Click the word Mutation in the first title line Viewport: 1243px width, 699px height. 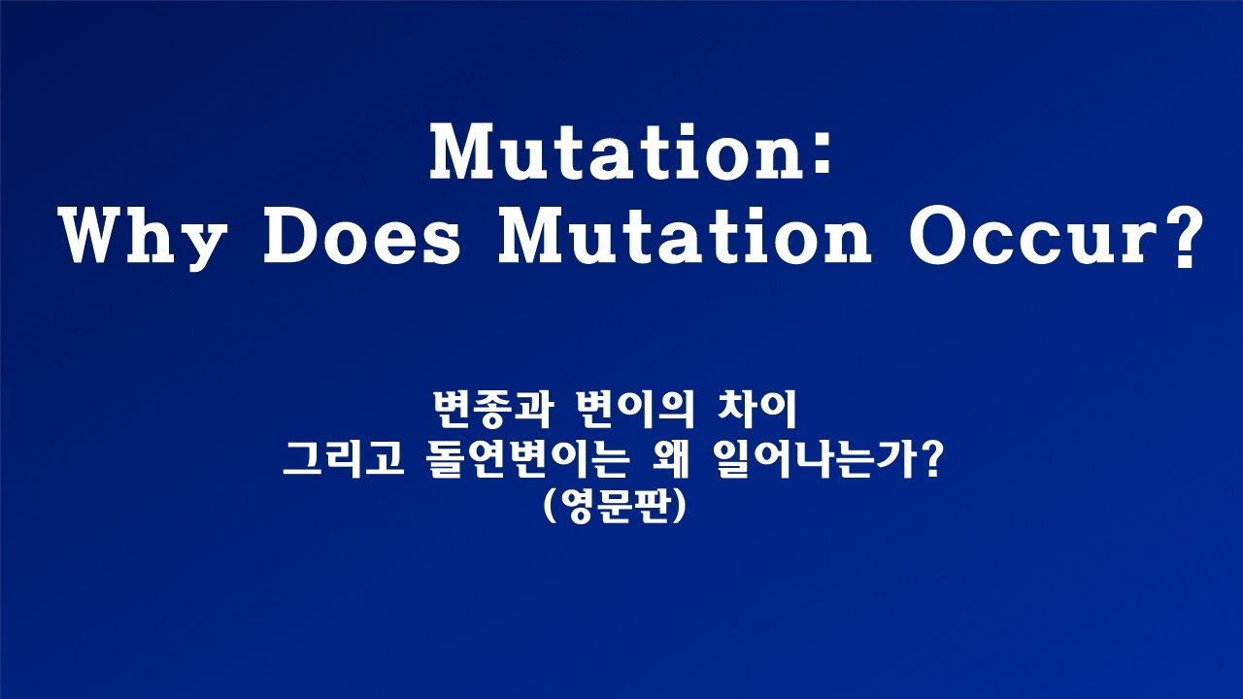614,152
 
